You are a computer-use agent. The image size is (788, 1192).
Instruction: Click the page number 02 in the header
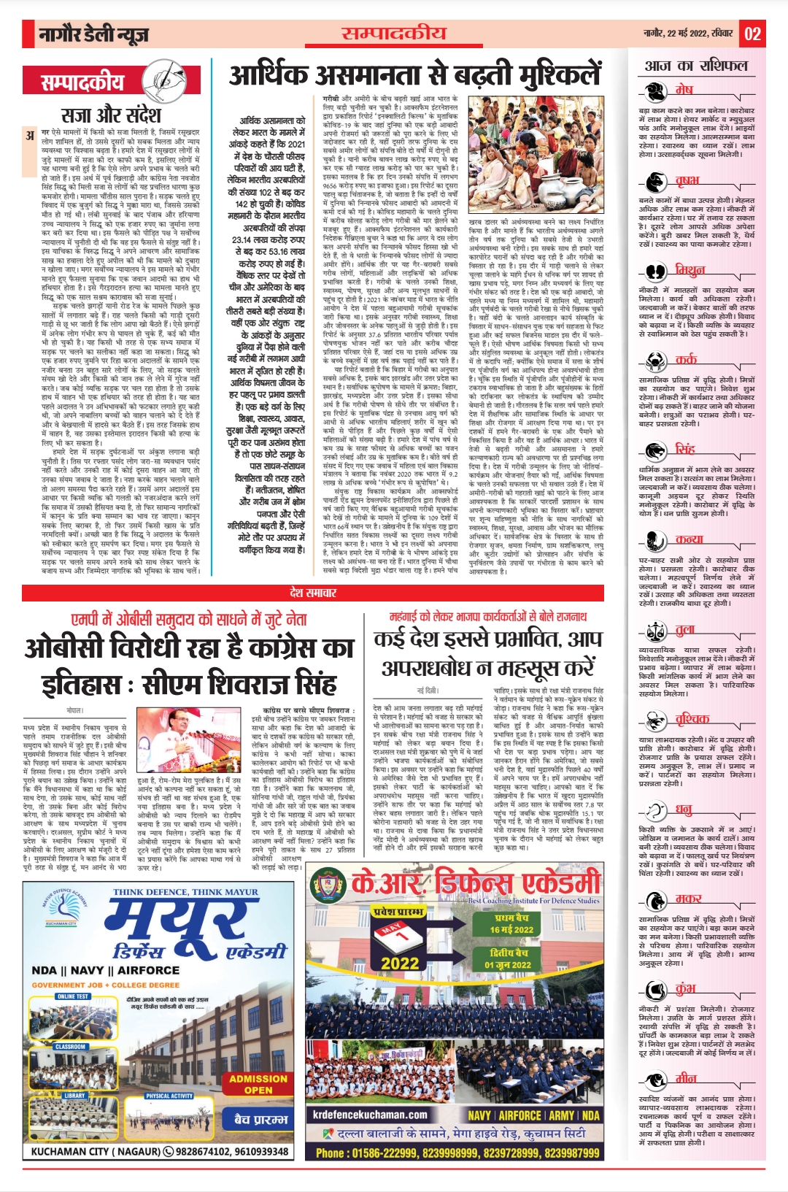(x=753, y=34)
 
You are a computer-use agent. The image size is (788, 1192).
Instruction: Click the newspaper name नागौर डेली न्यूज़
(x=93, y=34)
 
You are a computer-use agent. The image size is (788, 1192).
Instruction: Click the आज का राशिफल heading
(x=696, y=66)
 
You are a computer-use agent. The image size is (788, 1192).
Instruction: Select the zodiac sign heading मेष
(x=684, y=89)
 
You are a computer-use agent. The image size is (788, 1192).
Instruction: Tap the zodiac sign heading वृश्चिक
(x=692, y=719)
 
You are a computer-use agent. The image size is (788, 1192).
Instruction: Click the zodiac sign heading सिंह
(x=685, y=448)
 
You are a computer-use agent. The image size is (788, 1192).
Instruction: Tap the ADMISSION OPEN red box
(x=258, y=1083)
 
